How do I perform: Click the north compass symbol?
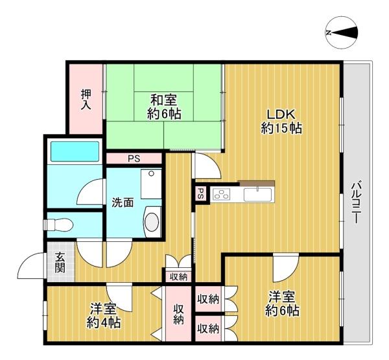pyautogui.click(x=342, y=32)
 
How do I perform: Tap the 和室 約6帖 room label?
pyautogui.click(x=164, y=108)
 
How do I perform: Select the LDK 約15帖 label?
pyautogui.click(x=281, y=122)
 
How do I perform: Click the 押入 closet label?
pyautogui.click(x=86, y=99)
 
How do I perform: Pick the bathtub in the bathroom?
pyautogui.click(x=75, y=151)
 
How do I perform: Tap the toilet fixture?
pyautogui.click(x=59, y=224)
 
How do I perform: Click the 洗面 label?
pyautogui.click(x=123, y=202)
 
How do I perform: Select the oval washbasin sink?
pyautogui.click(x=152, y=222)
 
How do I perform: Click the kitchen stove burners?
pyautogui.click(x=222, y=193)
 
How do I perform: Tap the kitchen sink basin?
pyautogui.click(x=258, y=195)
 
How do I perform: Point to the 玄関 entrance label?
pyautogui.click(x=60, y=262)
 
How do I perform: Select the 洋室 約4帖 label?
pyautogui.click(x=104, y=315)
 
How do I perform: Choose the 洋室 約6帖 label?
pyautogui.click(x=282, y=304)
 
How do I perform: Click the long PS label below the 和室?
pyautogui.click(x=134, y=159)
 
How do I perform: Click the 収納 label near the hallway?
pyautogui.click(x=178, y=277)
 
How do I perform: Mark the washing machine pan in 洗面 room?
pyautogui.click(x=151, y=184)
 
